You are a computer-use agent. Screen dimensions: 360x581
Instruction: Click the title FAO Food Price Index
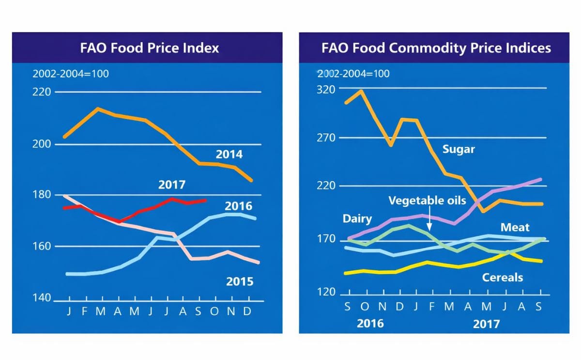(x=149, y=48)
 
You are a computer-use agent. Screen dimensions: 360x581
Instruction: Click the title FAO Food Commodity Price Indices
(x=436, y=48)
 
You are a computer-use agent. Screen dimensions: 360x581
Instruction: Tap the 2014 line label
(x=229, y=155)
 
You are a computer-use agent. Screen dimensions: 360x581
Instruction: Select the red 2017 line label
(x=172, y=185)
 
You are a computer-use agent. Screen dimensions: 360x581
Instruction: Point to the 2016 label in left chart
(x=238, y=206)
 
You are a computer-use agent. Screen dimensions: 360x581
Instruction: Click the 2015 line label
(x=240, y=282)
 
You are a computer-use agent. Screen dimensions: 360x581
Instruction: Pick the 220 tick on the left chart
(x=42, y=92)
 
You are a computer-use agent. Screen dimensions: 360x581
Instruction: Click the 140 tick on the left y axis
(x=42, y=298)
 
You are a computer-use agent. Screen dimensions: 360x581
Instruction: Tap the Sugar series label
(x=459, y=149)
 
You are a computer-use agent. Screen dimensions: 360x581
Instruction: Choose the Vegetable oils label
(x=427, y=201)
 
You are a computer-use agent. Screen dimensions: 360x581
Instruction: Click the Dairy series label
(x=357, y=219)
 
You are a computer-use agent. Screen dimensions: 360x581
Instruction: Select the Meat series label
(x=515, y=227)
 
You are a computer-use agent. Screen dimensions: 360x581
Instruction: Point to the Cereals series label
(x=503, y=278)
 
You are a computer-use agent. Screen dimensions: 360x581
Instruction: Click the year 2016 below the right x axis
(x=370, y=323)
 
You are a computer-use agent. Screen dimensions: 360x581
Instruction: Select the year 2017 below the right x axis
(x=486, y=323)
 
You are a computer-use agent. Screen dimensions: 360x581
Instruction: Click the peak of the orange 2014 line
(x=98, y=109)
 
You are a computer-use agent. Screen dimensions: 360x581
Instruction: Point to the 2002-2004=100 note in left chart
(x=71, y=74)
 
